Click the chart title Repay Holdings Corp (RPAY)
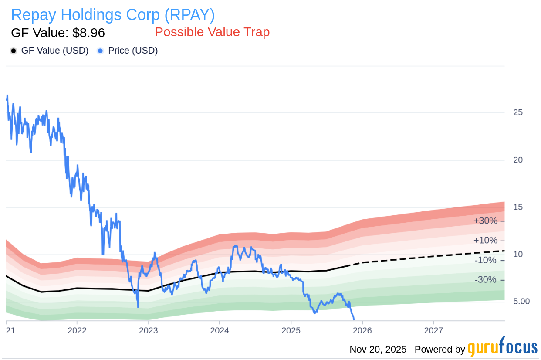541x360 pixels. tap(113, 15)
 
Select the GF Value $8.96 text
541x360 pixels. tap(57, 33)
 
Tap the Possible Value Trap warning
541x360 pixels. tap(212, 32)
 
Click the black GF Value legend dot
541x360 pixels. tap(14, 51)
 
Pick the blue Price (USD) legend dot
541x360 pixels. tap(100, 51)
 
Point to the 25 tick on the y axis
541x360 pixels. tap(518, 112)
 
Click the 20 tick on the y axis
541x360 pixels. tap(518, 160)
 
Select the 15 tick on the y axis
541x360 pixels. tap(518, 207)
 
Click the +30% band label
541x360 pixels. tap(485, 221)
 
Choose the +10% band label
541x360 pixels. tap(485, 241)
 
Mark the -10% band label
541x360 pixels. tap(485, 260)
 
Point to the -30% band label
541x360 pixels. tap(485, 280)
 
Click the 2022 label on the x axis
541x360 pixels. tap(77, 330)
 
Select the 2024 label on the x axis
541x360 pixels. tap(220, 330)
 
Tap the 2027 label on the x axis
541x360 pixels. tap(434, 330)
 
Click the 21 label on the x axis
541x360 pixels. tap(10, 330)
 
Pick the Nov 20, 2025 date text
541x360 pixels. tap(378, 349)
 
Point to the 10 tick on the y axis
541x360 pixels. tap(518, 254)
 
